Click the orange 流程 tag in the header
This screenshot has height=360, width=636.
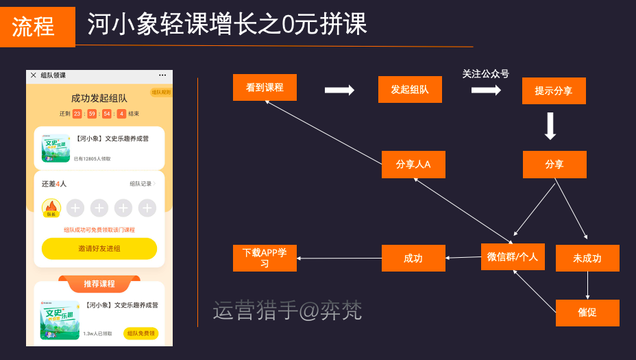tap(38, 27)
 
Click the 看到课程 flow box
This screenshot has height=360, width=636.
tap(265, 88)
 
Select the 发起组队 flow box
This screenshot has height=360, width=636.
tap(410, 90)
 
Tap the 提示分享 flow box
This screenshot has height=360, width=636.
tap(554, 91)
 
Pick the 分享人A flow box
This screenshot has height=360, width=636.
tap(414, 165)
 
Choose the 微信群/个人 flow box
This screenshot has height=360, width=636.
tap(513, 257)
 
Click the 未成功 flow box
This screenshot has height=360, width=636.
tap(587, 259)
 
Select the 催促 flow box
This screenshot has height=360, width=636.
tap(587, 313)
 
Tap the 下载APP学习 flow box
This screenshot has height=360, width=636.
tap(265, 258)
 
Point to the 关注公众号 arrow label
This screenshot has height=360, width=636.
tap(485, 74)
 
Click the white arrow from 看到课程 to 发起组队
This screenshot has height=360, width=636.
tap(339, 90)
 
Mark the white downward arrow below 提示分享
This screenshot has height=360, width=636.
tap(550, 126)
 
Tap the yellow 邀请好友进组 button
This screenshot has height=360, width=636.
tap(99, 249)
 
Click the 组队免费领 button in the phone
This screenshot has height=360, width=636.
tap(140, 333)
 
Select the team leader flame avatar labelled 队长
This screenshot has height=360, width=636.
tap(51, 208)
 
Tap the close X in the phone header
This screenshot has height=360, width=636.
tap(34, 75)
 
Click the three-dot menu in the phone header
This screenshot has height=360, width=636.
tap(162, 75)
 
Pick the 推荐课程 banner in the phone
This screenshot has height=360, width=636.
tap(99, 283)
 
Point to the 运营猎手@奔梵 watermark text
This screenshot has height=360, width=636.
tap(287, 311)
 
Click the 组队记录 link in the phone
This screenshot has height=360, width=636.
tap(143, 184)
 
